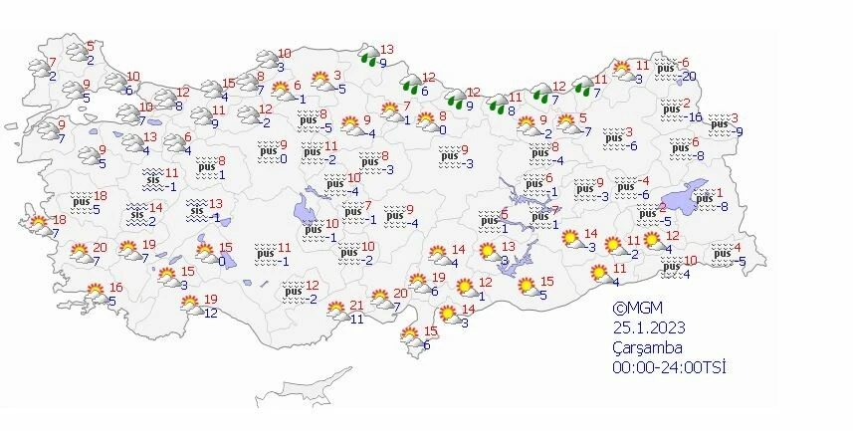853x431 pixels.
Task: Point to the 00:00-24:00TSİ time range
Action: (669, 367)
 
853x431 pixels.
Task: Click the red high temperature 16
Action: (114, 287)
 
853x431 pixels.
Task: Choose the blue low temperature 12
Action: (210, 314)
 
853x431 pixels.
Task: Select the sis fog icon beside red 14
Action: (137, 213)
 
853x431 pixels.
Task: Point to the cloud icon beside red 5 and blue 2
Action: (76, 52)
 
